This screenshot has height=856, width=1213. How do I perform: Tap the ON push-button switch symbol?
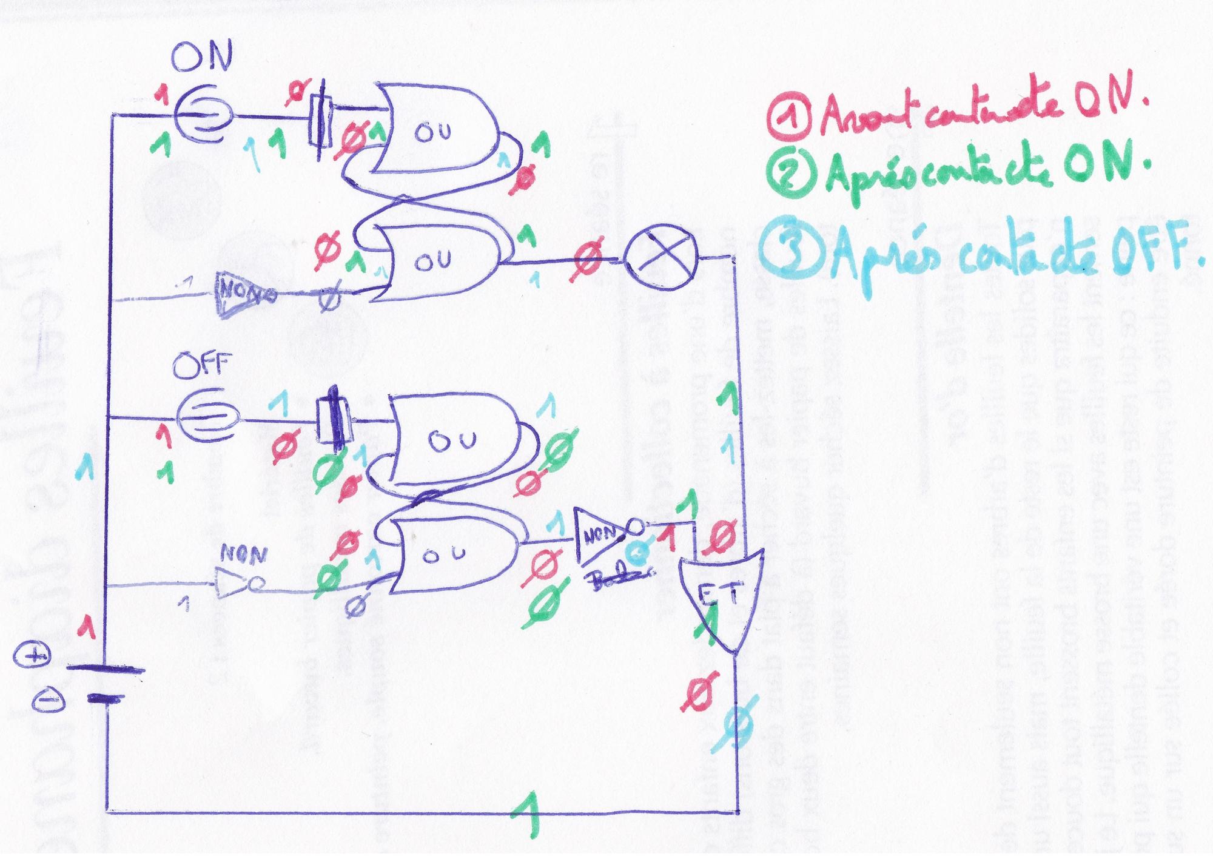(203, 113)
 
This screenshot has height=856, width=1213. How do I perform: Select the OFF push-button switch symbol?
(207, 416)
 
